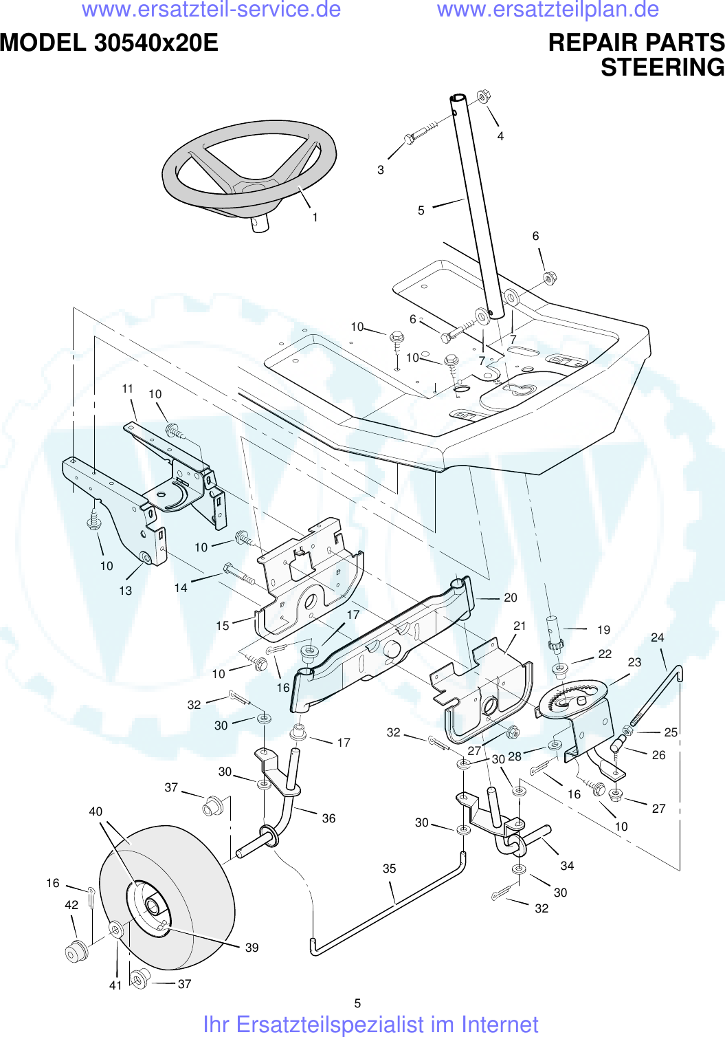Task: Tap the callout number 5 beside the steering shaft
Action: click(421, 210)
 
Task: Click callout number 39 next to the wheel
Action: click(252, 948)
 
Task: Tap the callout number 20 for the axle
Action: click(510, 598)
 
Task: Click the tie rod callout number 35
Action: click(389, 869)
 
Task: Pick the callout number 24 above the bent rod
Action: click(657, 637)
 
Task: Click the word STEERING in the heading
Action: click(662, 67)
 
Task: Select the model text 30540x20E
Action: click(156, 43)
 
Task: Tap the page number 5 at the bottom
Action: click(357, 1003)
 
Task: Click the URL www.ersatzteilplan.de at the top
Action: click(548, 10)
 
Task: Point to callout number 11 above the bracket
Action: click(128, 389)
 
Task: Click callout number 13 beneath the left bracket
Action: click(125, 591)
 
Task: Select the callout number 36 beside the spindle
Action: click(328, 818)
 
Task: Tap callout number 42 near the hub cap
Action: click(71, 905)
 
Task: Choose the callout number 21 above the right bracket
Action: click(520, 625)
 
